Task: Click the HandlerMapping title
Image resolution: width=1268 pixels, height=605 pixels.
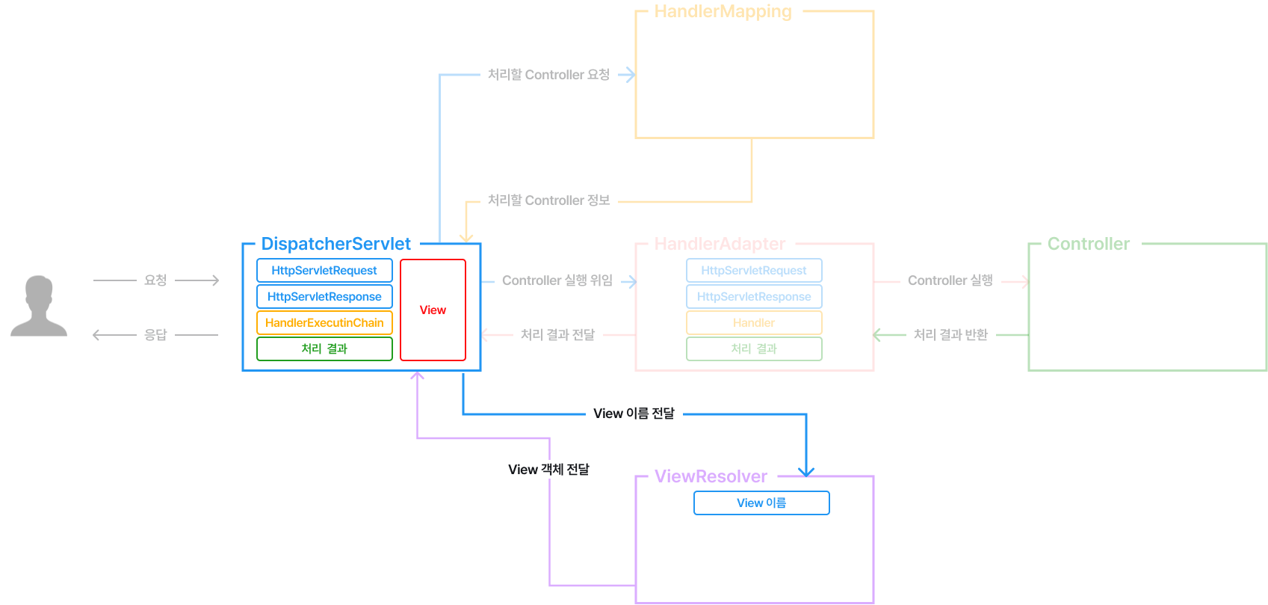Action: click(722, 12)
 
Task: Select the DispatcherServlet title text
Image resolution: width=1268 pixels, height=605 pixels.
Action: click(335, 244)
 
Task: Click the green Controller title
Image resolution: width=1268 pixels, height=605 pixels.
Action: click(1088, 244)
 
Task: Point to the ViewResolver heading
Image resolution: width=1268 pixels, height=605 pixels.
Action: click(710, 476)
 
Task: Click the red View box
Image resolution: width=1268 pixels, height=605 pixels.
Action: click(433, 310)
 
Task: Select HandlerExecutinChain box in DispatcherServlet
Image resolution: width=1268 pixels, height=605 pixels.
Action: click(324, 322)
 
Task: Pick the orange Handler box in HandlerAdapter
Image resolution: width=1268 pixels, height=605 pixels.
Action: click(754, 322)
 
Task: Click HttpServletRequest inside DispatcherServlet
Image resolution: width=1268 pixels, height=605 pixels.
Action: click(324, 270)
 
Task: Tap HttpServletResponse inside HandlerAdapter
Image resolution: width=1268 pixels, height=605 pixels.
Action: click(754, 296)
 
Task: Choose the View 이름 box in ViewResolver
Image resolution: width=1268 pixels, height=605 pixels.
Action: click(761, 503)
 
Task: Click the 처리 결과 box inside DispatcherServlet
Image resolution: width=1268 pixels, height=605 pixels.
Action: click(324, 348)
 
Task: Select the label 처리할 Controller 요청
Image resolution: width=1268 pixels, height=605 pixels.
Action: click(548, 75)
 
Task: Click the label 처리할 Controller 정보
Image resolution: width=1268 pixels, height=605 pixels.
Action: click(548, 200)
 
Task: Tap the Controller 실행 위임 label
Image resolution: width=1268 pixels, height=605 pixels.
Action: click(557, 280)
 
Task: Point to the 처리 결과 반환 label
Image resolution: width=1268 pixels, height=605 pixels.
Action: click(950, 335)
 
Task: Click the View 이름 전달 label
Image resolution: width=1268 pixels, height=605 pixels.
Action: click(634, 414)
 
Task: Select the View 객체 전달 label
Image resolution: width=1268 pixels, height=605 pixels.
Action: click(548, 470)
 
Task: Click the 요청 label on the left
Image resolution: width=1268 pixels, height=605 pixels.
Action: click(155, 280)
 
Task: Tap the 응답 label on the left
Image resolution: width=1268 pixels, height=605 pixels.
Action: click(155, 335)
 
